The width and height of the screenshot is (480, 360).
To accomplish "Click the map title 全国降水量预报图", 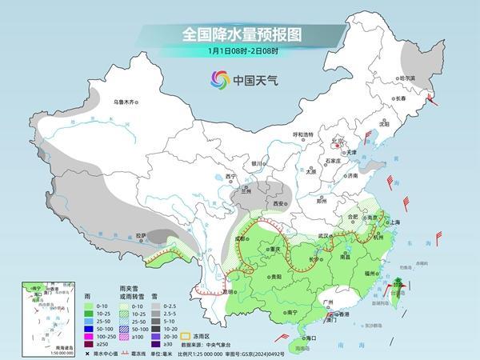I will coord(239,34).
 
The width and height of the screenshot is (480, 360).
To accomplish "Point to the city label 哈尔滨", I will coord(407,78).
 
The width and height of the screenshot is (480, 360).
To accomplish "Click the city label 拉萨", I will coord(141,234).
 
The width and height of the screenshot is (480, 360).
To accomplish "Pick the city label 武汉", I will coord(323,235).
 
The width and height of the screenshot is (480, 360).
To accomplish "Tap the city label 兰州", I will coord(243,191).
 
